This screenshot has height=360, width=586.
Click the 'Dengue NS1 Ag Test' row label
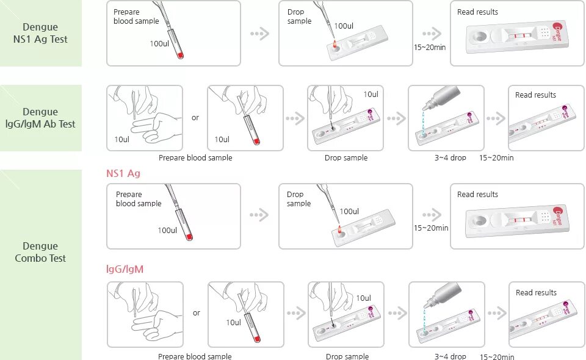tap(40, 33)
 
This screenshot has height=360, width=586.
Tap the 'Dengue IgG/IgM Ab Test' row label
tap(40, 118)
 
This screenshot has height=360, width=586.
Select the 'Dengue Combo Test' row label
tap(40, 252)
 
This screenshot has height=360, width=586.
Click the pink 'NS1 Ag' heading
tap(123, 173)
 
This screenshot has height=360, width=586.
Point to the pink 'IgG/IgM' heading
tap(125, 268)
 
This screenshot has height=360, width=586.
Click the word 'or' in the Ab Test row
tap(195, 118)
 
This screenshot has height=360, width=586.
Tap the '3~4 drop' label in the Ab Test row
tap(450, 157)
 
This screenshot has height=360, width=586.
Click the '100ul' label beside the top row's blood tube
tap(160, 43)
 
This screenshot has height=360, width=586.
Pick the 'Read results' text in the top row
tap(477, 12)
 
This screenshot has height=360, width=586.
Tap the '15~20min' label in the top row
tap(429, 47)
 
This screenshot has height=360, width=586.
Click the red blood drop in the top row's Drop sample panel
tap(334, 44)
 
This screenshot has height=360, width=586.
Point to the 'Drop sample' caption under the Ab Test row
tap(346, 157)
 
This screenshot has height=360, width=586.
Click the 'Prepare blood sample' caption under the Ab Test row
tap(195, 157)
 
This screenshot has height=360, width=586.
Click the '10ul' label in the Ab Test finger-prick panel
tap(122, 139)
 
